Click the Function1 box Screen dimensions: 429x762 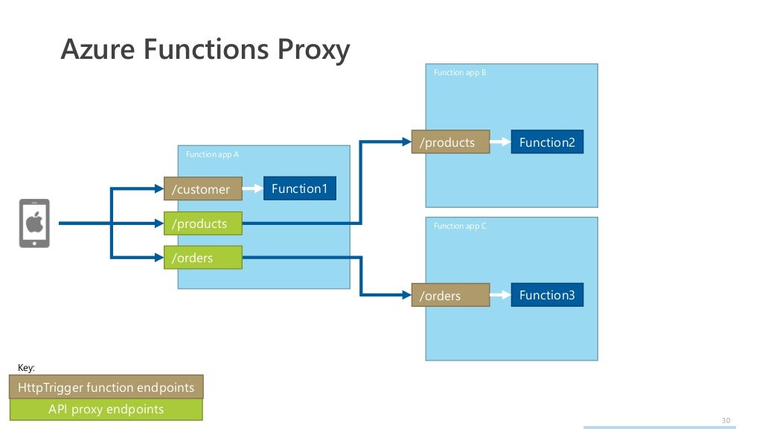[x=299, y=188]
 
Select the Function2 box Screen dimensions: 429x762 [x=547, y=142]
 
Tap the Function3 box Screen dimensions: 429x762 [x=547, y=295]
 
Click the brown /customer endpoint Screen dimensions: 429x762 [x=202, y=189]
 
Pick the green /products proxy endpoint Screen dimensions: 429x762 [x=202, y=224]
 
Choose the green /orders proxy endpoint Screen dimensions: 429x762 [x=202, y=258]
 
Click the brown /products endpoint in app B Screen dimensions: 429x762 [x=450, y=142]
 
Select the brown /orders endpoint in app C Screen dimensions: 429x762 [x=450, y=296]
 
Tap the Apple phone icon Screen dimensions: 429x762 [x=34, y=223]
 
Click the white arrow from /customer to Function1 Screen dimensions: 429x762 [x=253, y=189]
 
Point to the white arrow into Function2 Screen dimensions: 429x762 [x=500, y=142]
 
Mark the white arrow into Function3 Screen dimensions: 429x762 [x=500, y=295]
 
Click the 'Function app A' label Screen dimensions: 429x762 [x=212, y=155]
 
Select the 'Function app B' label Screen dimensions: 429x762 [x=460, y=73]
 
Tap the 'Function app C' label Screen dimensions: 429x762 [x=460, y=226]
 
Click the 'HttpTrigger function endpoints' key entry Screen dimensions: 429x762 [x=106, y=387]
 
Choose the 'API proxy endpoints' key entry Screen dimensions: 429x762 [x=106, y=409]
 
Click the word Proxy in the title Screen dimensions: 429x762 [x=313, y=50]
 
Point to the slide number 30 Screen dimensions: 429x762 [x=726, y=420]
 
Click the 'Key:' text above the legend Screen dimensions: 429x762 [x=26, y=368]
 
